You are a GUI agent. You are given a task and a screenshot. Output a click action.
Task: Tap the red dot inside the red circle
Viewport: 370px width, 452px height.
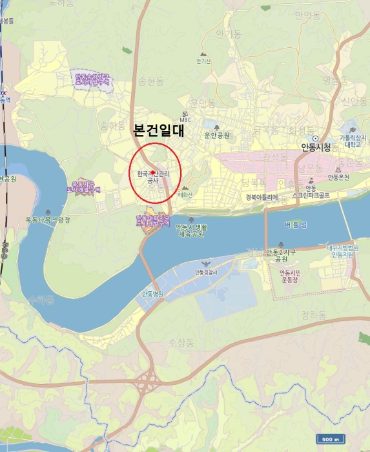click(x=153, y=173)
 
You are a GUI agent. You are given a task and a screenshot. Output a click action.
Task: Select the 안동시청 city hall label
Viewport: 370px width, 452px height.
click(x=316, y=147)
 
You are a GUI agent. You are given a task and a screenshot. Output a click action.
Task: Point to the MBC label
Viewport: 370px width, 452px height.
click(x=185, y=119)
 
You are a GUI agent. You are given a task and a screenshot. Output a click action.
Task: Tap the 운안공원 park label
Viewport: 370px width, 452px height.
click(x=217, y=135)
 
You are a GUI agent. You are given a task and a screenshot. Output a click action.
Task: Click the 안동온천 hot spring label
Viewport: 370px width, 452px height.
click(x=338, y=178)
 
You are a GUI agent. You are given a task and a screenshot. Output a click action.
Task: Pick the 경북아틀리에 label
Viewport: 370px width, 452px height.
click(x=261, y=197)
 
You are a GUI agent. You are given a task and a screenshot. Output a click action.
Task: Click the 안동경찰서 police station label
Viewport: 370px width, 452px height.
click(x=207, y=272)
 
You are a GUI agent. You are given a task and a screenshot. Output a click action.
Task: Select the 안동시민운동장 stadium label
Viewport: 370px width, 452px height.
click(x=289, y=276)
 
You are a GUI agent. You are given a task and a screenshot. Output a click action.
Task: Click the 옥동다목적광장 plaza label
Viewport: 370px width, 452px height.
click(x=48, y=220)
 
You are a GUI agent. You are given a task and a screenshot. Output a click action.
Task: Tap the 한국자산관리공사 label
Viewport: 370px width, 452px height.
click(x=152, y=178)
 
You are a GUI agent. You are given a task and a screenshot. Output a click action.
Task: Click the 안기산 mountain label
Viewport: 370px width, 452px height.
click(x=203, y=62)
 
